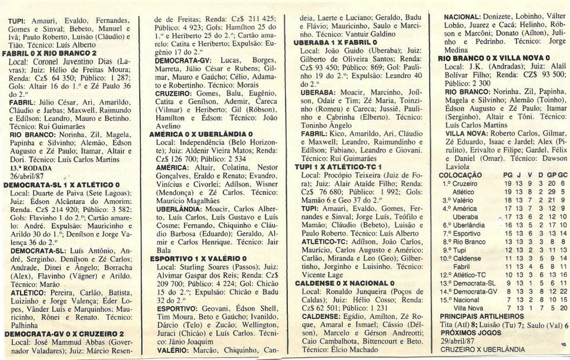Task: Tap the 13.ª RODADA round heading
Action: (x=27, y=167)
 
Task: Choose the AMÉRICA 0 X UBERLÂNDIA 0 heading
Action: (x=201, y=135)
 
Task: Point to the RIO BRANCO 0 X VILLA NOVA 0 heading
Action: (x=493, y=58)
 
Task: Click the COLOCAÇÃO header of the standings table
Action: (x=460, y=175)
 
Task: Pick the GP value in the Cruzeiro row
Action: (x=551, y=184)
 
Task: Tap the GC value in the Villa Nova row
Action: (x=563, y=308)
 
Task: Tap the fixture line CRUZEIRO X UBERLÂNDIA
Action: (x=482, y=350)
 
